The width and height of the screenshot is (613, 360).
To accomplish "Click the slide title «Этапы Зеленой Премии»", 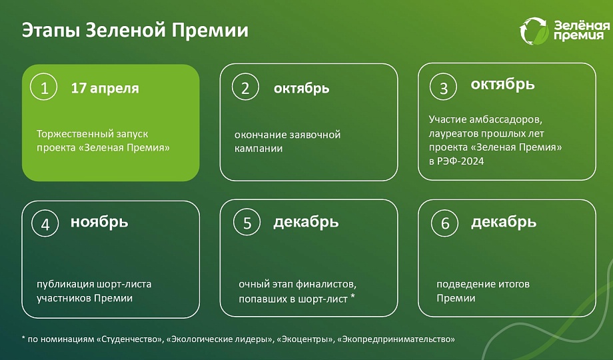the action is [x=135, y=31].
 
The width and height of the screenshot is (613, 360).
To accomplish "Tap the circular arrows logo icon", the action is [x=534, y=31].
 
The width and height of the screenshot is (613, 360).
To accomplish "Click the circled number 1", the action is [x=44, y=87].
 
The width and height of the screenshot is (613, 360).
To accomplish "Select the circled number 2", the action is [x=245, y=87].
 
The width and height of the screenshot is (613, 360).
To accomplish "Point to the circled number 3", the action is [x=443, y=87].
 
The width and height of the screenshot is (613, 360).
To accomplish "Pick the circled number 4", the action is [x=45, y=223].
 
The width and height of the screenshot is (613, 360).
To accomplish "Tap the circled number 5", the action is [x=247, y=222].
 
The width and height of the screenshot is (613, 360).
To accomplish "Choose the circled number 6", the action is [x=445, y=223].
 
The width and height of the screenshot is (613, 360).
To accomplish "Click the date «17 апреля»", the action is [x=105, y=89].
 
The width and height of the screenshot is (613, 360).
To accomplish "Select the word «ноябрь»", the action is [x=99, y=222].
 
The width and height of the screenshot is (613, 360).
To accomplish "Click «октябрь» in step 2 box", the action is [x=301, y=89].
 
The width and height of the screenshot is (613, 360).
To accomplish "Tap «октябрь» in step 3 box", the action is [x=502, y=84].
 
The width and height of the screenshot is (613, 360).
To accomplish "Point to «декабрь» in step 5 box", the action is [x=306, y=222].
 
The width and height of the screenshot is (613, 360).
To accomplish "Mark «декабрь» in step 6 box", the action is [x=504, y=222].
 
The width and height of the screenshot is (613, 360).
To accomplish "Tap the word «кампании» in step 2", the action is [x=259, y=149].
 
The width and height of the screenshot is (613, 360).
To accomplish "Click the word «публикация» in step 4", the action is [x=65, y=285].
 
